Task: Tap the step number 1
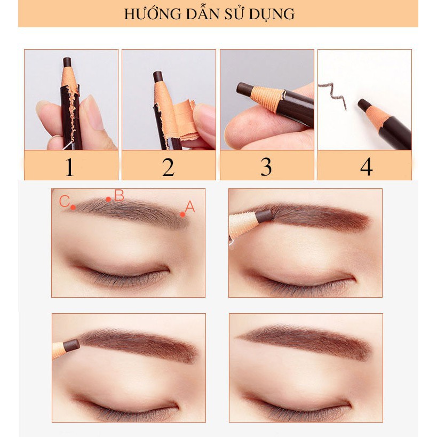click(x=69, y=167)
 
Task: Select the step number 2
click(x=168, y=167)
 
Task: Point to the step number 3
click(x=266, y=167)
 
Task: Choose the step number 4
click(x=366, y=167)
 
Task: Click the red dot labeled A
click(x=182, y=214)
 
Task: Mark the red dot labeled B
click(x=108, y=200)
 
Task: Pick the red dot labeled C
click(x=73, y=207)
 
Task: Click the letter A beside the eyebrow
click(x=190, y=206)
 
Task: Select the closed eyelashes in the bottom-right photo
click(x=299, y=411)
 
